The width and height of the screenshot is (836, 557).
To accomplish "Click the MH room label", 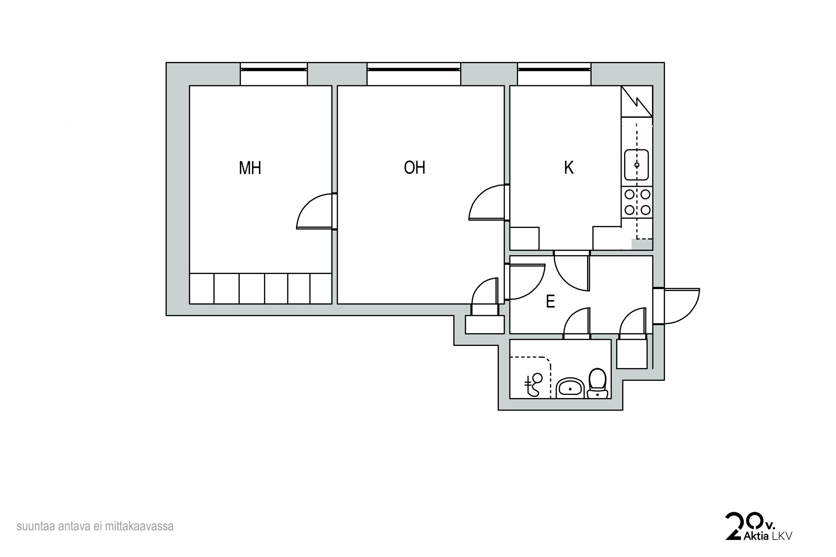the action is click(250, 168).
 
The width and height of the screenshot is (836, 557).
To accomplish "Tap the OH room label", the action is click(415, 167).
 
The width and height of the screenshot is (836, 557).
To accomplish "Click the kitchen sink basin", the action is click(636, 165).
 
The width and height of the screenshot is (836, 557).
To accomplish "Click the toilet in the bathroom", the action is click(597, 384).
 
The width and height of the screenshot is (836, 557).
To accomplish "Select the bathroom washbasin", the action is click(570, 388).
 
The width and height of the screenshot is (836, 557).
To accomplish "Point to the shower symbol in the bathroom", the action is click(533, 385).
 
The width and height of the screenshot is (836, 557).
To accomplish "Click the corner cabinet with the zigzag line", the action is click(637, 101).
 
